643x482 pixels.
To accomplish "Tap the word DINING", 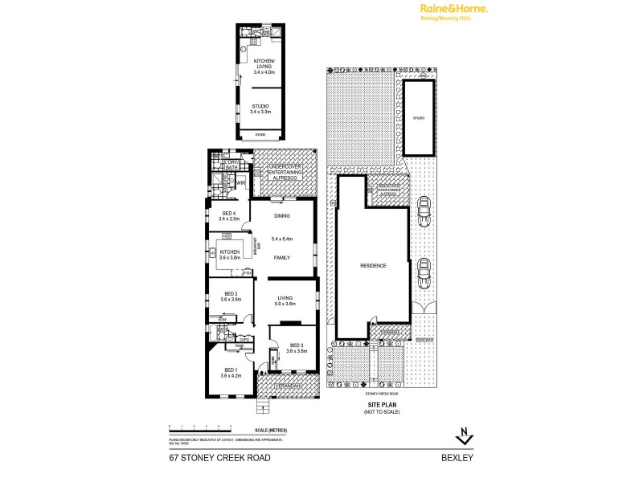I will pos(281,216).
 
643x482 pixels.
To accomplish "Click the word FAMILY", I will pos(281,258).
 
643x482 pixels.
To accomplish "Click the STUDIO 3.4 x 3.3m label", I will pos(260,108).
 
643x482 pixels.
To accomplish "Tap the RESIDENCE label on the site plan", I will pos(373,266).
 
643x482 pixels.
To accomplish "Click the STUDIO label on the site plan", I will pos(418,118).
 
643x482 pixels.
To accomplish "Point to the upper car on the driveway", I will pos(423,211).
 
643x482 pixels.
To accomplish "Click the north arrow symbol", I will pos(464,436).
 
